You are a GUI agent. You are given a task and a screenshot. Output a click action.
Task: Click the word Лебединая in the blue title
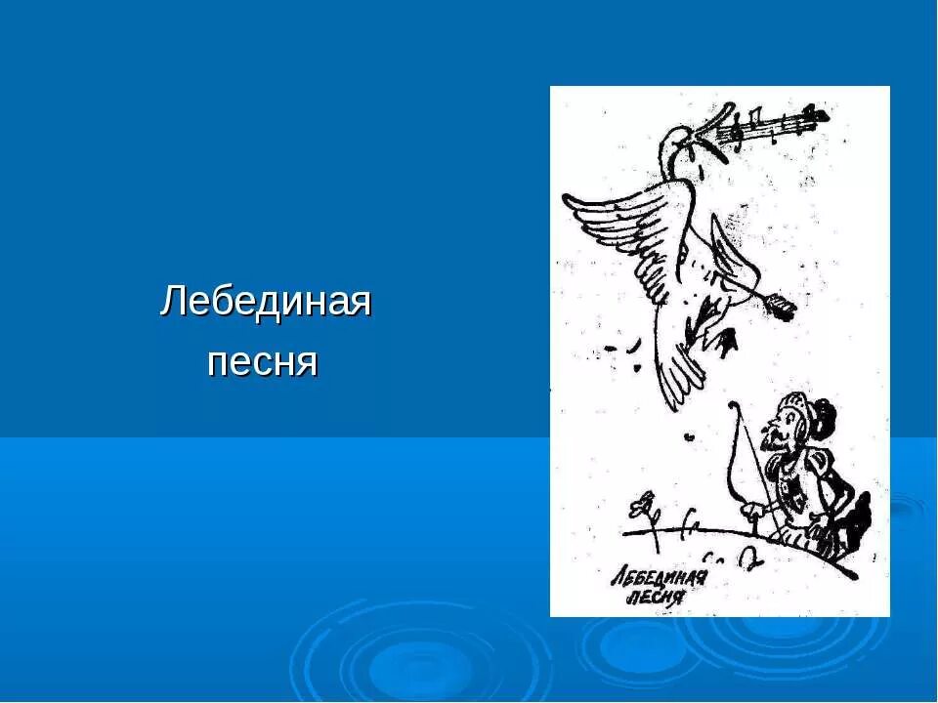point(266,302)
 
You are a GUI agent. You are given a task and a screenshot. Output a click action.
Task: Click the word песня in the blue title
point(264,362)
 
